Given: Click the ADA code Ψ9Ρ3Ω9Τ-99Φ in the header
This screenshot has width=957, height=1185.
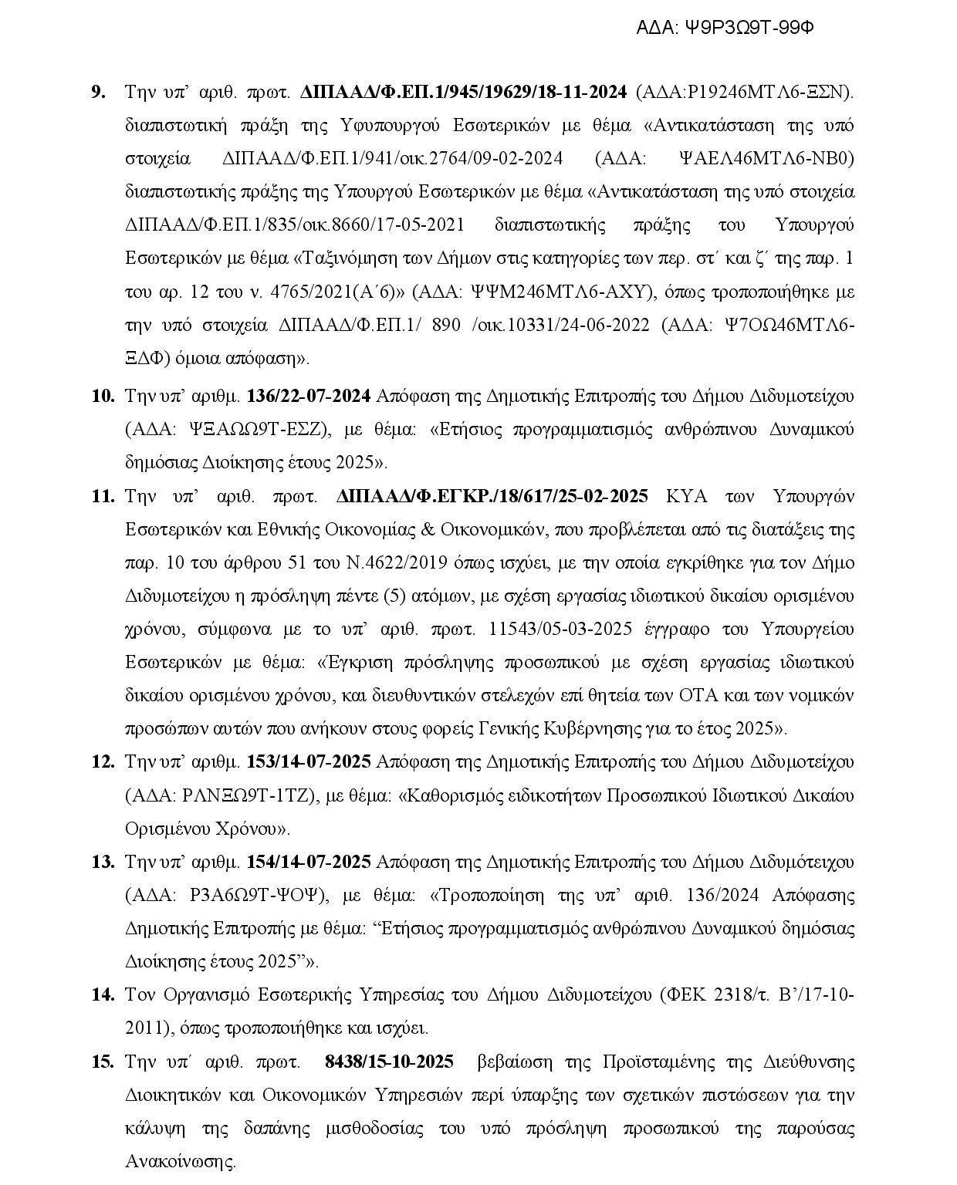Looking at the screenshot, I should click(x=750, y=28).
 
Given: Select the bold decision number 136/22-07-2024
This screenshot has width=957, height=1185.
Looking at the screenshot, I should click(x=309, y=397).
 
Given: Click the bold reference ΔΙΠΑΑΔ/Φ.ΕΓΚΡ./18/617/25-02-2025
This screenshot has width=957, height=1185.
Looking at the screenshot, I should click(x=492, y=496).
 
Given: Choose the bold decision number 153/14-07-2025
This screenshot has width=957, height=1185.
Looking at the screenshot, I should click(x=309, y=761).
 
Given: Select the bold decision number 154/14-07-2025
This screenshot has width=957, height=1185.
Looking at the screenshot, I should click(x=309, y=862).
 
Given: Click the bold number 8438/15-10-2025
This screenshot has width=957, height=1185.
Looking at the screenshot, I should click(x=390, y=1062).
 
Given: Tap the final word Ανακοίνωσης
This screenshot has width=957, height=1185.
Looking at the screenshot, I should click(x=180, y=1161).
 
